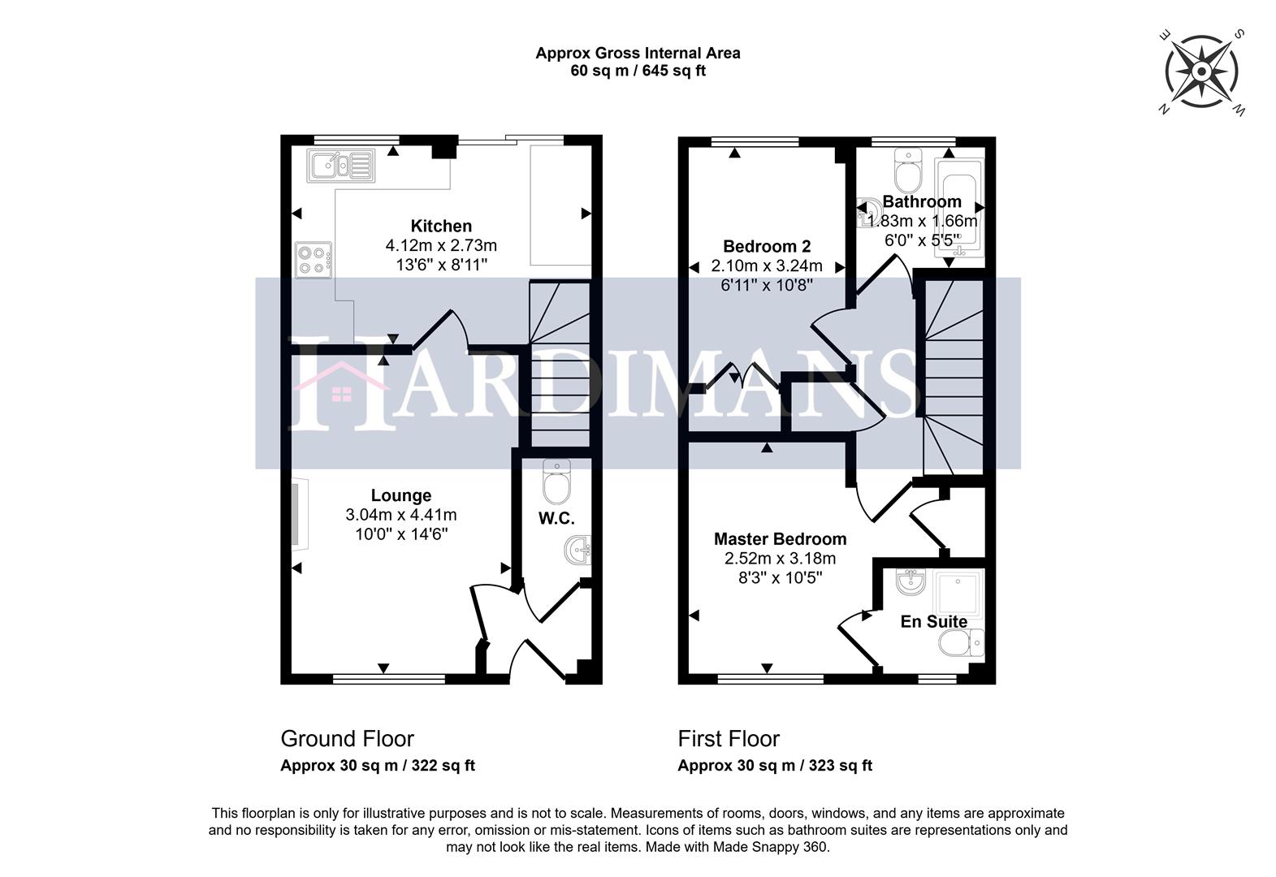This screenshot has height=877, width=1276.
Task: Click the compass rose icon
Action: (x=1201, y=72)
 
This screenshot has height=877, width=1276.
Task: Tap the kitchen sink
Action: (x=340, y=166)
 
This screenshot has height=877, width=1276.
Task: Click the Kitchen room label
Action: (x=441, y=227)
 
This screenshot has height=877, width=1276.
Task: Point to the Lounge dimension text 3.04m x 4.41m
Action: (x=401, y=515)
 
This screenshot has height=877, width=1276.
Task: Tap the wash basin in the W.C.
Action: (x=578, y=552)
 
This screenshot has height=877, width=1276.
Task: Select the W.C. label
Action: (x=556, y=518)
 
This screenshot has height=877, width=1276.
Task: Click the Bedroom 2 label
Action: (x=767, y=246)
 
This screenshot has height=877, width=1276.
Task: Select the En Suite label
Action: (x=934, y=622)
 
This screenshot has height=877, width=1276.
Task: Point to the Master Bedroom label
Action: (x=780, y=539)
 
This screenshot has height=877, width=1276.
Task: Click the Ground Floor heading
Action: (x=347, y=739)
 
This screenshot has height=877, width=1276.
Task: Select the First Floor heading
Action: (x=729, y=739)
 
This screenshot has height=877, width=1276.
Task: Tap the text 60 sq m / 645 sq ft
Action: (x=638, y=71)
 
